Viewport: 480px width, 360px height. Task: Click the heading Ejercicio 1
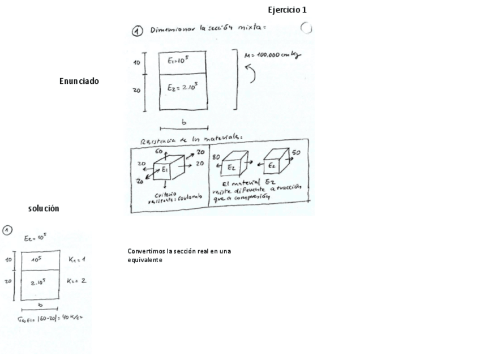click(287, 10)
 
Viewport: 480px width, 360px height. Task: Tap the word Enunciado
click(79, 81)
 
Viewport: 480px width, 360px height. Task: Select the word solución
click(44, 209)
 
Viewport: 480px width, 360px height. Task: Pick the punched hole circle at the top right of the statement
click(306, 28)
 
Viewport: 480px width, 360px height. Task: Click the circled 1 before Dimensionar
click(137, 31)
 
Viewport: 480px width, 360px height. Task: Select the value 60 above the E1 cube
click(160, 152)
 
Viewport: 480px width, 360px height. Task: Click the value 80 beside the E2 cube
click(216, 157)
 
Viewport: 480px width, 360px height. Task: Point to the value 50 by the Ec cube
click(296, 153)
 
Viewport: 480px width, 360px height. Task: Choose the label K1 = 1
click(76, 259)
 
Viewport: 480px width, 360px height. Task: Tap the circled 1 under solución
click(7, 230)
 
